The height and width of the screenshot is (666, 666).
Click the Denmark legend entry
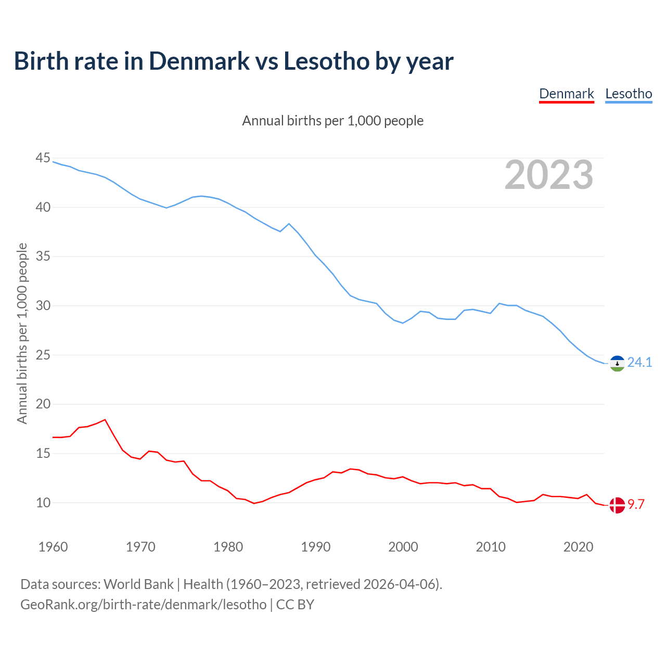point(566,94)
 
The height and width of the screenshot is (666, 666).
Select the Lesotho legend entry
point(629,94)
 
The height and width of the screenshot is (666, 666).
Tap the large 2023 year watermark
point(549,175)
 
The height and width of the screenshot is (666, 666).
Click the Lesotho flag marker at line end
point(617,363)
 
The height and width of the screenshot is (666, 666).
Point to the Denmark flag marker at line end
point(617,505)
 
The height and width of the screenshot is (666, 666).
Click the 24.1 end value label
point(639,362)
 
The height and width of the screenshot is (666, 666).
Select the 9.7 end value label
point(636,504)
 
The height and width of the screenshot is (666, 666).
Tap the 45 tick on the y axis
point(43,158)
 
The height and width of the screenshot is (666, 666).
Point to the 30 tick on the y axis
point(43,305)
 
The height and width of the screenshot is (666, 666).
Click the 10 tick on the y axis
point(43,503)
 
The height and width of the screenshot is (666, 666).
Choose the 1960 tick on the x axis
point(53,547)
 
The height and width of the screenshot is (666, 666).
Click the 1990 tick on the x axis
point(316,547)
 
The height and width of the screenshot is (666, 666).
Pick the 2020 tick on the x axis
point(578,547)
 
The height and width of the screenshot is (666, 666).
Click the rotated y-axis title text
point(22,333)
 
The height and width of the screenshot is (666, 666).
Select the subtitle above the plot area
point(333,121)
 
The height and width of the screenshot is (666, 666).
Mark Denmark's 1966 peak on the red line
point(105,419)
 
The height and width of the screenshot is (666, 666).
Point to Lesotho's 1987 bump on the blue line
point(289,224)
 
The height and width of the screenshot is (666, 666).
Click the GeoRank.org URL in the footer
point(143,604)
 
